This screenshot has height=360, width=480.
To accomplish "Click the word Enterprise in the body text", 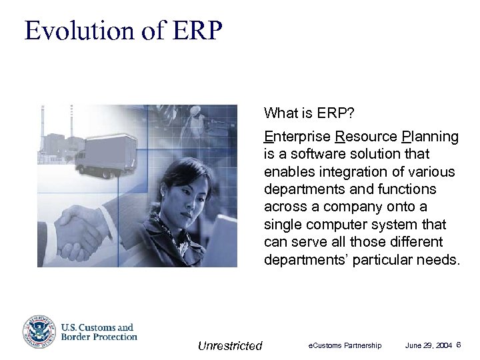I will click(297, 137).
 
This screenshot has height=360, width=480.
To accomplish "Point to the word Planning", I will click(431, 137).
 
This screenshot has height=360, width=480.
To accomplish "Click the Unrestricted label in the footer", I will click(230, 345).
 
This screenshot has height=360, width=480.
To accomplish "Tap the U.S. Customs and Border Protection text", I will click(99, 332).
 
